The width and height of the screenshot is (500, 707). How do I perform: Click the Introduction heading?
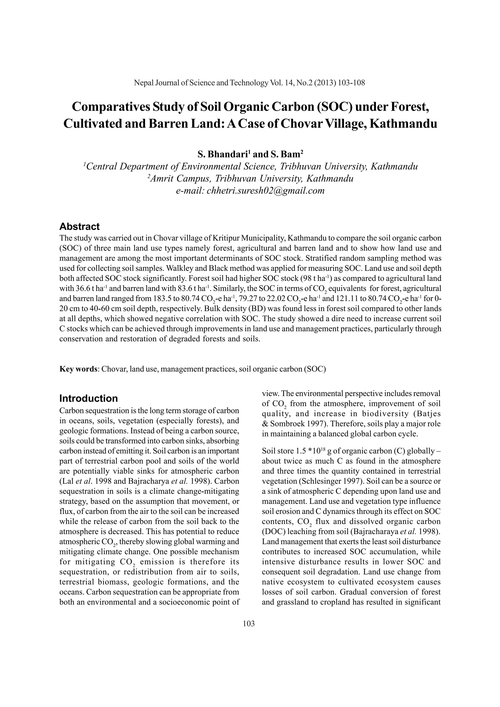pos(88,398)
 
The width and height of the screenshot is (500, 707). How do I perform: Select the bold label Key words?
pos(78,369)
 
